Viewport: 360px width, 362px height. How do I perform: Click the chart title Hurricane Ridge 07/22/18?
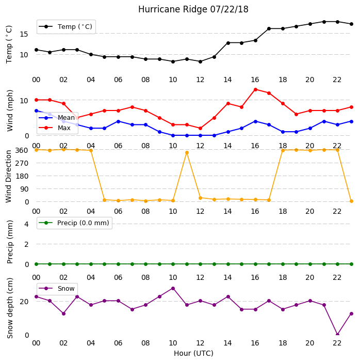pyautogui.click(x=193, y=9)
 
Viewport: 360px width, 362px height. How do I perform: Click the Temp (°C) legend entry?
pyautogui.click(x=66, y=27)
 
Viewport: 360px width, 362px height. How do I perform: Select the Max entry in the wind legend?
pyautogui.click(x=55, y=128)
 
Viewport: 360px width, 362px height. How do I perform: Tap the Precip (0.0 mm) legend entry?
pyautogui.click(x=74, y=223)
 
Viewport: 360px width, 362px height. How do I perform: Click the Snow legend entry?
pyautogui.click(x=57, y=289)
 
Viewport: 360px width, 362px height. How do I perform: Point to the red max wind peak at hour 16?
pyautogui.click(x=255, y=89)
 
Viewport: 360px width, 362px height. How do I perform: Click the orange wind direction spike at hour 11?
pyautogui.click(x=187, y=153)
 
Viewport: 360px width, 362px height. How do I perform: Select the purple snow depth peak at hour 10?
pyautogui.click(x=173, y=289)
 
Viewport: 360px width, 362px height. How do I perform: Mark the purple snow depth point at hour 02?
pyautogui.click(x=63, y=313)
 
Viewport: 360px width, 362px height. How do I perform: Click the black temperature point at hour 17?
pyautogui.click(x=269, y=28)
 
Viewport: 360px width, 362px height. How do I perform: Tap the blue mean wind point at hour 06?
pyautogui.click(x=118, y=121)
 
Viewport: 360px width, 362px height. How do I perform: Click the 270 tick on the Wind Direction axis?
pyautogui.click(x=22, y=164)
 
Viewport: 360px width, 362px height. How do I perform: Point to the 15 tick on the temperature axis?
pyautogui.click(x=24, y=35)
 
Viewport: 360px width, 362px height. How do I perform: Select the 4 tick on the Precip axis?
pyautogui.click(x=26, y=224)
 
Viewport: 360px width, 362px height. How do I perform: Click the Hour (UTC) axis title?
pyautogui.click(x=193, y=353)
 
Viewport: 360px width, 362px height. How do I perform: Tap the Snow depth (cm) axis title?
pyautogui.click(x=10, y=308)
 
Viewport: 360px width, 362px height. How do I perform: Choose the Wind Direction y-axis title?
pyautogui.click(x=9, y=177)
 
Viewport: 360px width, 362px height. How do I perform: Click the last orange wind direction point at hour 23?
pyautogui.click(x=351, y=201)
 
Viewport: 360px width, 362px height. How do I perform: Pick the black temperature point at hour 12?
pyautogui.click(x=201, y=61)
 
